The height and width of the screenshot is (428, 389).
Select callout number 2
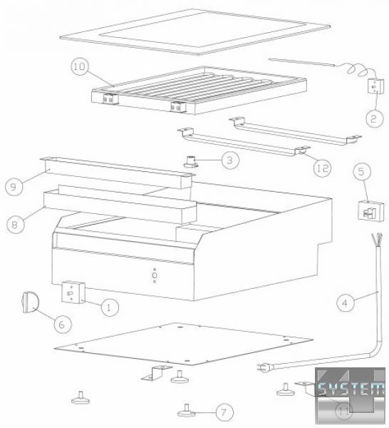click(374, 118)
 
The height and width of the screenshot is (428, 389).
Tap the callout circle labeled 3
click(230, 160)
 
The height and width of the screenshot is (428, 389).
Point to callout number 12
click(322, 168)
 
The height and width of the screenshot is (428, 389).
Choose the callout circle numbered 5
click(362, 172)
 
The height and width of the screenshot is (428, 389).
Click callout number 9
click(14, 186)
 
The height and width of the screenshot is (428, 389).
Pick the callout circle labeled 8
click(15, 225)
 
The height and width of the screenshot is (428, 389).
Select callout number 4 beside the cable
click(346, 302)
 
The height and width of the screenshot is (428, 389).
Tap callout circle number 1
click(110, 307)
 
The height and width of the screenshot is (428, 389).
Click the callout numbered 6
click(63, 325)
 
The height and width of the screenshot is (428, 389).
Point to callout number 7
click(224, 412)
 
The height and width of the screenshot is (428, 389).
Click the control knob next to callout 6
click(30, 302)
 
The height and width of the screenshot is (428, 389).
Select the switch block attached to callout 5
click(370, 210)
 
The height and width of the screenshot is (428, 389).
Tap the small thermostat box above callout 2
click(376, 86)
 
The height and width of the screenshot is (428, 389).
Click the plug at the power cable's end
click(264, 367)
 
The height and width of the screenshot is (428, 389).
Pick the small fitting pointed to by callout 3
click(191, 160)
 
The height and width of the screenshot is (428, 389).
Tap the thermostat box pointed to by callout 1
click(73, 292)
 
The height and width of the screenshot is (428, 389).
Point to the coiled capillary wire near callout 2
click(358, 70)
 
